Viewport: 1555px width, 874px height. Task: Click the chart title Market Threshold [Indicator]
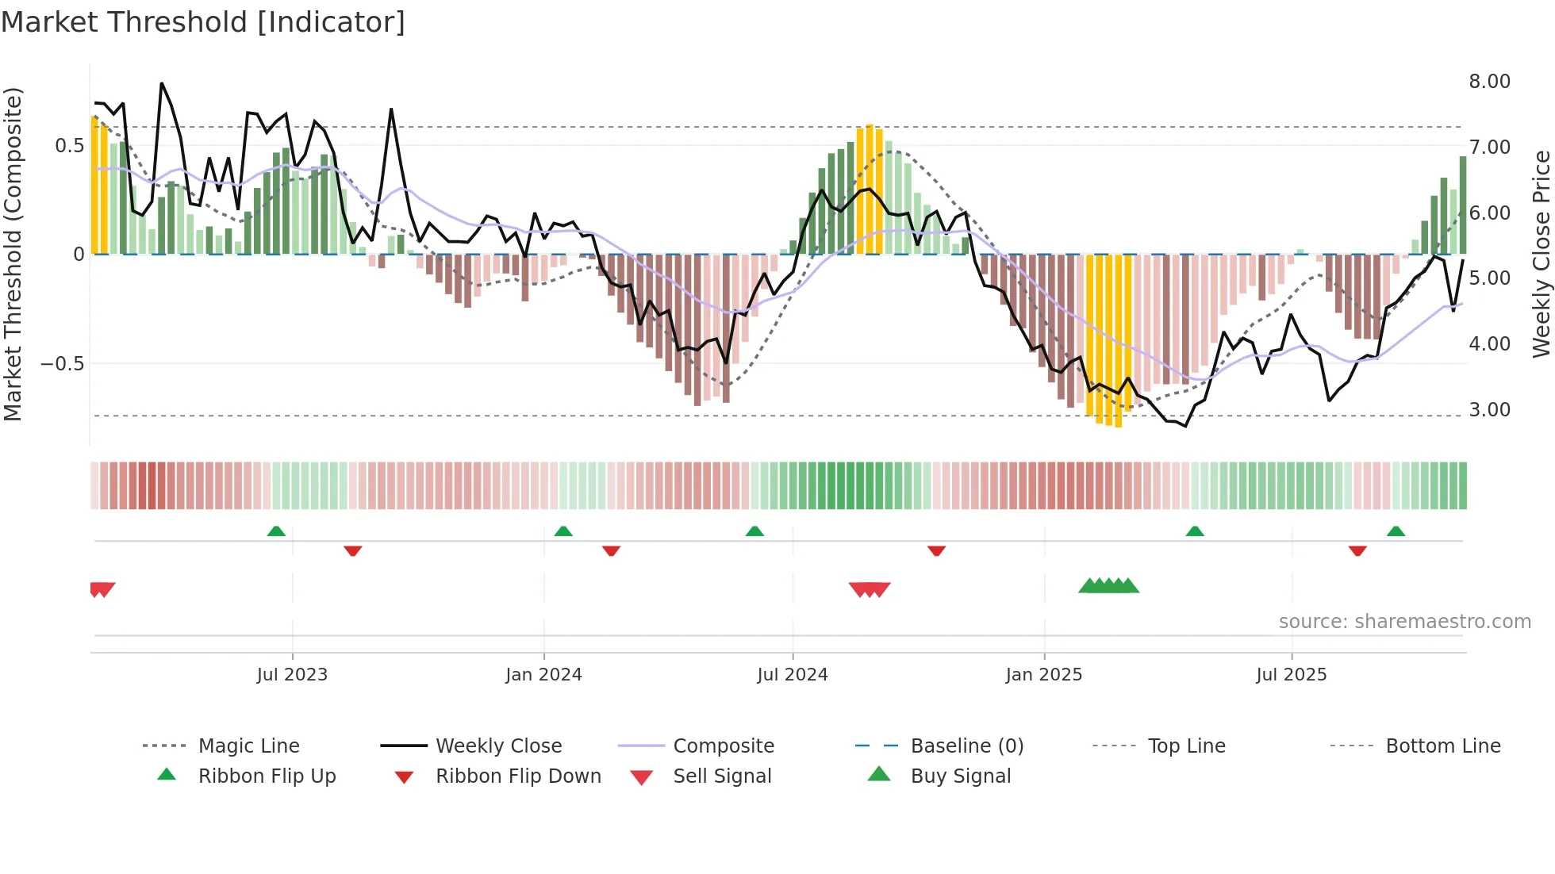coord(203,22)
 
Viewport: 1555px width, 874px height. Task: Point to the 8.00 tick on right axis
coord(1489,82)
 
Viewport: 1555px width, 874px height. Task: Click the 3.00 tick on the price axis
coord(1489,410)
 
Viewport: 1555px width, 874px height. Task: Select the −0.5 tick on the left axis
coord(62,364)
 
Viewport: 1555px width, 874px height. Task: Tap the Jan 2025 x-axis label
coord(1043,675)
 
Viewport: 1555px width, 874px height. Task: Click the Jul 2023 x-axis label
coord(292,675)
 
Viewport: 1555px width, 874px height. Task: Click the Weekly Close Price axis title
coord(1541,254)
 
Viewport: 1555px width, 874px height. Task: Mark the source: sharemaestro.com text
coord(1404,622)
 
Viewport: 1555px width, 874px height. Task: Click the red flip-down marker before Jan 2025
coord(936,550)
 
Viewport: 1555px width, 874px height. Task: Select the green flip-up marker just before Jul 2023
coord(276,531)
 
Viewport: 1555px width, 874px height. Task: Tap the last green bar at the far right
coord(1462,205)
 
